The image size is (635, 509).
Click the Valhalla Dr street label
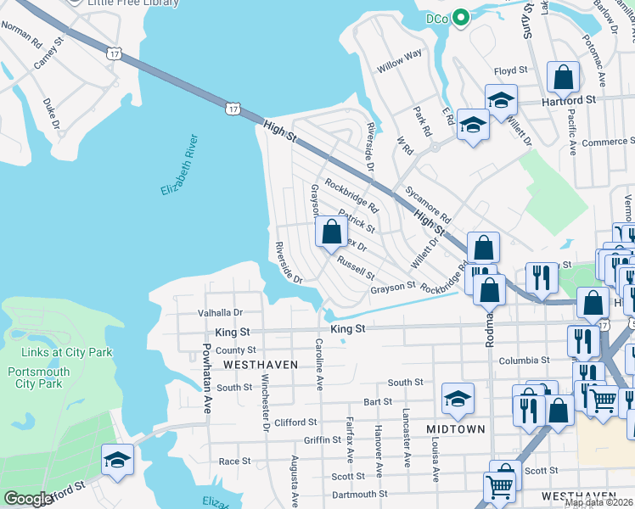click(x=220, y=312)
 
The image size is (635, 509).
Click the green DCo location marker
click(x=461, y=18)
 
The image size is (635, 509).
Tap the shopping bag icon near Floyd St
click(x=563, y=79)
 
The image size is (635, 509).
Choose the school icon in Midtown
click(x=458, y=400)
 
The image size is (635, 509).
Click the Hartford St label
click(x=570, y=99)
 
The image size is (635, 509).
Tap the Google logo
click(x=28, y=499)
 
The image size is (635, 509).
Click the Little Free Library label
click(x=135, y=3)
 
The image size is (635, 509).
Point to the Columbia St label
click(x=519, y=361)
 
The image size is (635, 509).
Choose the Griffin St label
click(x=323, y=440)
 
